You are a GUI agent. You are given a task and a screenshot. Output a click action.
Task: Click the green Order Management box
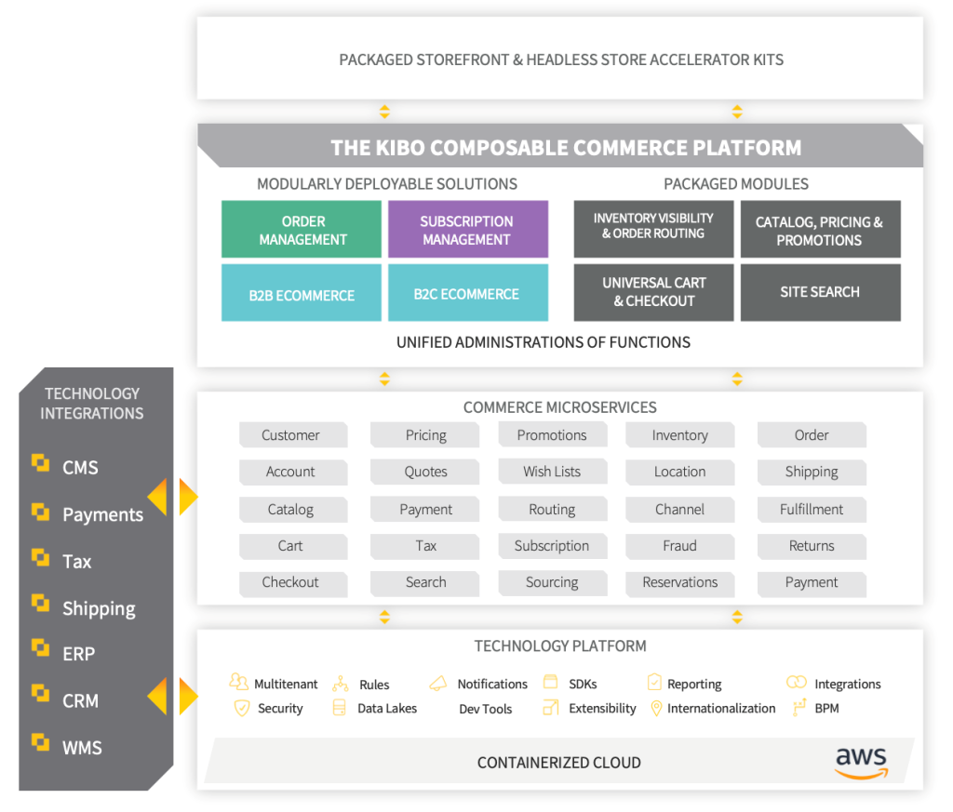pyautogui.click(x=302, y=230)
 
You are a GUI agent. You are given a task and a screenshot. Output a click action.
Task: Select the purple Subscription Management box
pyautogui.click(x=467, y=230)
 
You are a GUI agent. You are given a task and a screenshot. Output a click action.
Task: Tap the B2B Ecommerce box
pyautogui.click(x=302, y=295)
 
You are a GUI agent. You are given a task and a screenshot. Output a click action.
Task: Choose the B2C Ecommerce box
pyautogui.click(x=467, y=294)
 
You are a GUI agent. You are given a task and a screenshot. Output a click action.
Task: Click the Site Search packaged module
pyautogui.click(x=820, y=292)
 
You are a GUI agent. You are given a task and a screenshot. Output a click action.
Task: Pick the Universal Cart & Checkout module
pyautogui.click(x=653, y=292)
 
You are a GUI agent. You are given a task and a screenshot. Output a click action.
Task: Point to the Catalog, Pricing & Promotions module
pyautogui.click(x=820, y=231)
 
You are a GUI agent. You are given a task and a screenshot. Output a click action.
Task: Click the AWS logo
pyautogui.click(x=861, y=762)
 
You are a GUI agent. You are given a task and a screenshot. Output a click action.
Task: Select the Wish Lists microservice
pyautogui.click(x=552, y=472)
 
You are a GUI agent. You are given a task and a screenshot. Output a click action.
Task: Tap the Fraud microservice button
pyautogui.click(x=679, y=546)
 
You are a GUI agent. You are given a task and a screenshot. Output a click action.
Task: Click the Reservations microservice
pyautogui.click(x=679, y=582)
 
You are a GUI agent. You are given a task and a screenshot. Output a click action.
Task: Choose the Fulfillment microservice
pyautogui.click(x=812, y=510)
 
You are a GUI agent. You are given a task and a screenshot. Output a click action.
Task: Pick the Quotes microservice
pyautogui.click(x=425, y=472)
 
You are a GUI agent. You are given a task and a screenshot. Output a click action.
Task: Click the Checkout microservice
pyautogui.click(x=291, y=582)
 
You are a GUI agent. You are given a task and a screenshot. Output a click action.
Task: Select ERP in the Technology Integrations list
pyautogui.click(x=78, y=654)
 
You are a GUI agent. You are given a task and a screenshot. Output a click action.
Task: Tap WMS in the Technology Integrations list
pyautogui.click(x=82, y=748)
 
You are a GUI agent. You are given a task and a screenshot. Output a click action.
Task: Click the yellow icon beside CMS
pyautogui.click(x=40, y=463)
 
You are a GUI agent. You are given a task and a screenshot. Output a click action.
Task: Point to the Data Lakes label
pyautogui.click(x=387, y=709)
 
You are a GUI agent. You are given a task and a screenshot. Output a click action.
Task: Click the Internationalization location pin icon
pyautogui.click(x=655, y=709)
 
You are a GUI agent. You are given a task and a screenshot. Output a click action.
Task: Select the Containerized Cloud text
pyautogui.click(x=558, y=763)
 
